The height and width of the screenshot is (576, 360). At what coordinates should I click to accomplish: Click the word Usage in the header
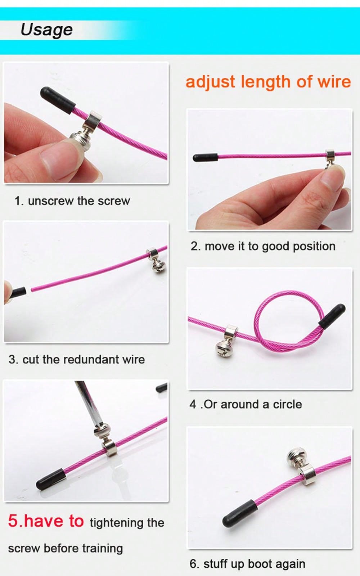46,30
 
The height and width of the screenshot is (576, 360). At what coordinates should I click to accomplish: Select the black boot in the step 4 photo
332,316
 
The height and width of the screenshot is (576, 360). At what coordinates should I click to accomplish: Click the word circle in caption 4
287,405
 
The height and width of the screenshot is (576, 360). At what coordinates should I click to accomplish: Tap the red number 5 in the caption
13,521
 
